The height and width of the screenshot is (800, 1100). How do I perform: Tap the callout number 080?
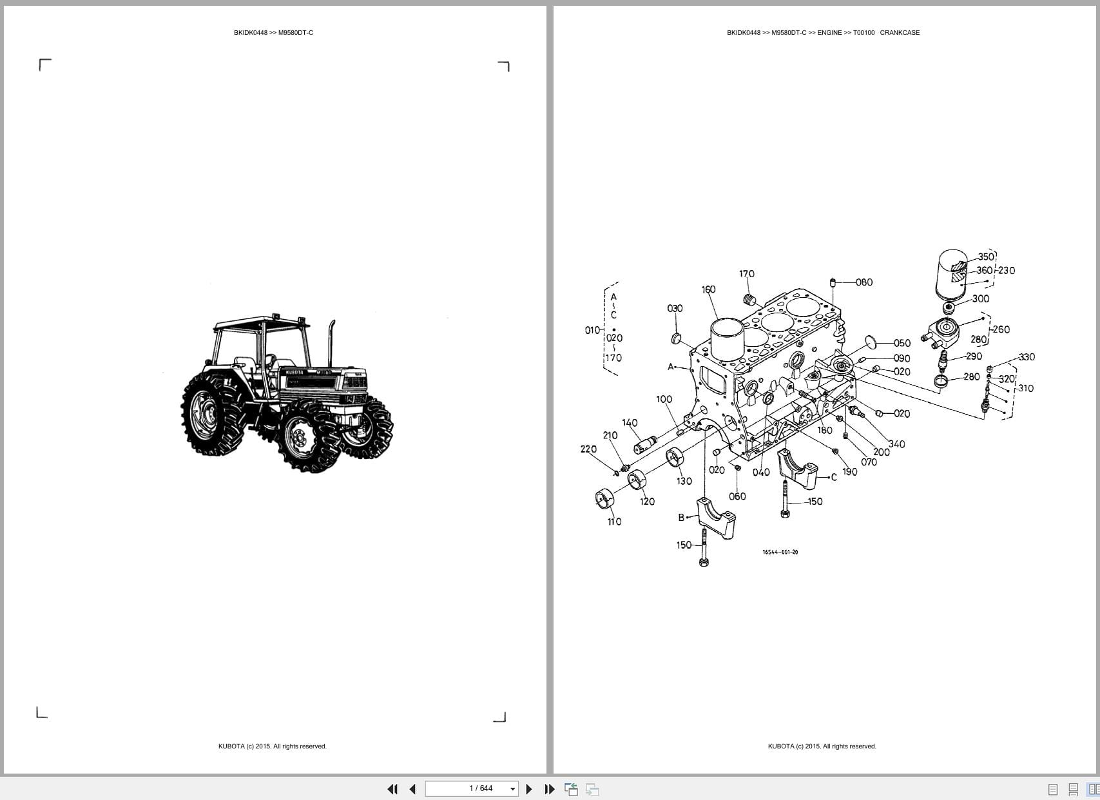[864, 282]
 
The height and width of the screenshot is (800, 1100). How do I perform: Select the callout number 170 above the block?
[746, 274]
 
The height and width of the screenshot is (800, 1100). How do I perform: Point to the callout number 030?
[675, 308]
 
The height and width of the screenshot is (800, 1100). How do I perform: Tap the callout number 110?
[614, 522]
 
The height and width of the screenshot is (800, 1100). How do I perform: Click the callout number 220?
[588, 449]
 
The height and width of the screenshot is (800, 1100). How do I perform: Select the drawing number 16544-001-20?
[780, 552]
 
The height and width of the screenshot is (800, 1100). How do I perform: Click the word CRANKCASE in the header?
[900, 32]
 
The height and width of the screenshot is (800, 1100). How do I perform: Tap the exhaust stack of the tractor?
[332, 343]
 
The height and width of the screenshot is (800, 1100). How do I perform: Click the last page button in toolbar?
[550, 788]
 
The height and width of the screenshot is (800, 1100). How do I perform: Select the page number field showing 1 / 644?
[472, 788]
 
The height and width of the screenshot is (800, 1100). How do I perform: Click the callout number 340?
[896, 444]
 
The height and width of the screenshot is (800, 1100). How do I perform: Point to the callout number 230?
[1006, 270]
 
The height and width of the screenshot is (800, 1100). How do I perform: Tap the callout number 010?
[592, 330]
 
